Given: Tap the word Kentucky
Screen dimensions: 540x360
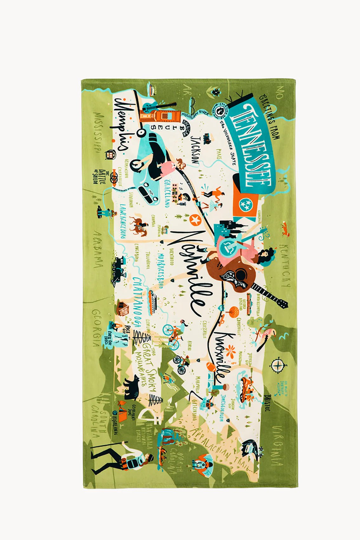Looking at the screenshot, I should coord(285,265).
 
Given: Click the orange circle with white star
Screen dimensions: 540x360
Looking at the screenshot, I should coord(194,219).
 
